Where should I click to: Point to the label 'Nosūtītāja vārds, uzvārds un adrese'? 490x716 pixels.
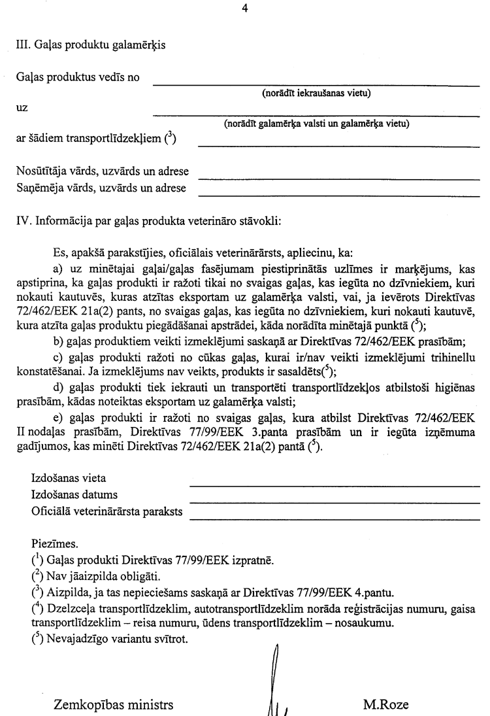tap(102, 171)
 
